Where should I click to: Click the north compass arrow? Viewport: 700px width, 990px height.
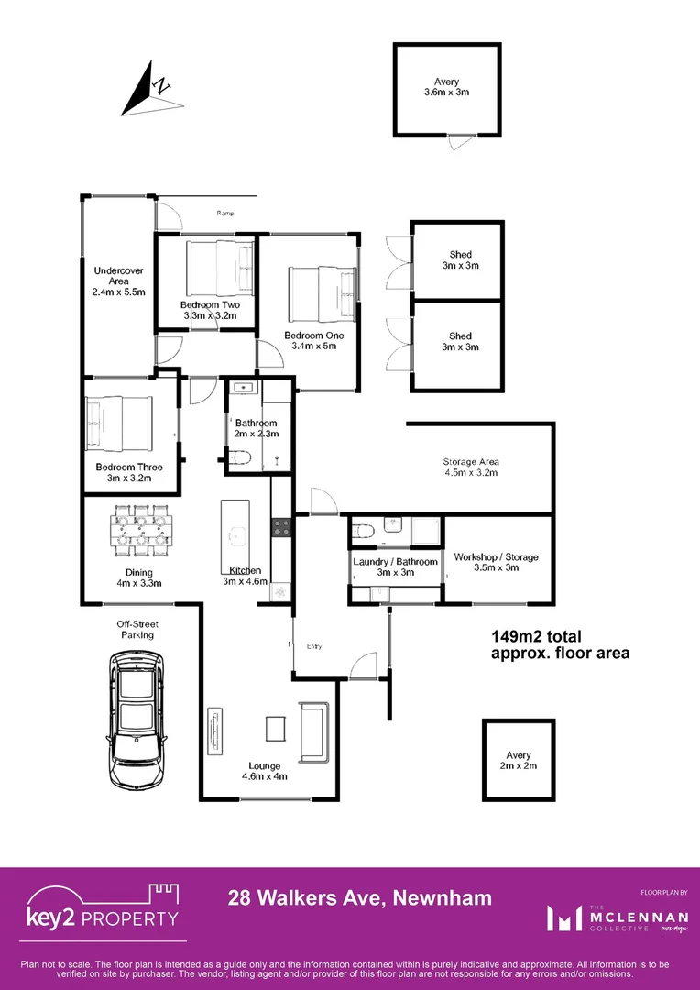point(147,88)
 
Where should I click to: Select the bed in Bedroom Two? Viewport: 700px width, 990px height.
point(217,266)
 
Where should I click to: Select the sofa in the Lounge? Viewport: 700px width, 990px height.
point(312,731)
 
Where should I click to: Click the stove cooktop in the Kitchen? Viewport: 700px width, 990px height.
point(280,527)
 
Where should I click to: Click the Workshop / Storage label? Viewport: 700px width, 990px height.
point(496,562)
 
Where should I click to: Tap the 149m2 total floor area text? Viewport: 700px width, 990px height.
point(560,644)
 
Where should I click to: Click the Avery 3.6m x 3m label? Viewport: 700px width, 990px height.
point(447,87)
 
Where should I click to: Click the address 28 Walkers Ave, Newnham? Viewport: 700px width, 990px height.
point(359,898)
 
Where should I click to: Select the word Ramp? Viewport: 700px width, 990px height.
point(225,214)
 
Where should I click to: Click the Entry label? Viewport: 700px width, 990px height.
point(314,647)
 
